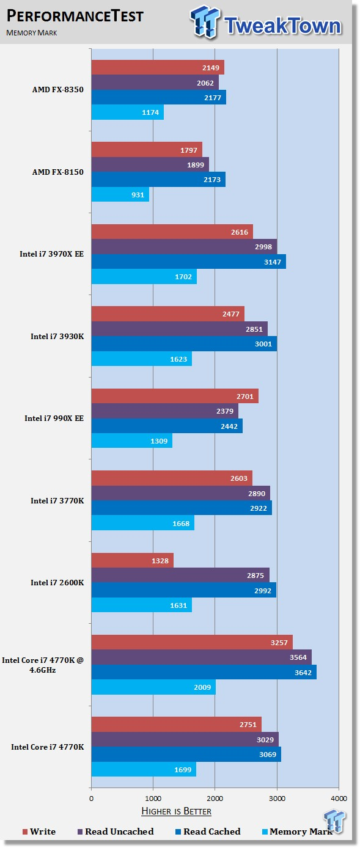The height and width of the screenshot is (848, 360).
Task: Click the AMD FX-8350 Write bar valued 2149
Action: [x=158, y=67]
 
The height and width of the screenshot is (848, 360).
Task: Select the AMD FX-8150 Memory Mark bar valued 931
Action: [x=120, y=194]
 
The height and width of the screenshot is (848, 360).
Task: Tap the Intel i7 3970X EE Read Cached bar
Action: [x=189, y=261]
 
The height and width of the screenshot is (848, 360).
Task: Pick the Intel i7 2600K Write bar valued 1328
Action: [x=133, y=561]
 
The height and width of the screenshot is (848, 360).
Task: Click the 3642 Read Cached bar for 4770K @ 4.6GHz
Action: [x=204, y=672]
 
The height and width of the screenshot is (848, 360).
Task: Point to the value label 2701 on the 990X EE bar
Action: [x=245, y=397]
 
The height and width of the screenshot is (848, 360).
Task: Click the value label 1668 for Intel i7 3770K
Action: [x=181, y=524]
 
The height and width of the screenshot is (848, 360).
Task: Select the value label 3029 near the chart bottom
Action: [x=265, y=740]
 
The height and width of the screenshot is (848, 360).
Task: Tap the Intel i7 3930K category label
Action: [x=57, y=336]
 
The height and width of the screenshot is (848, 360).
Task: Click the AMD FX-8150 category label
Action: [x=58, y=172]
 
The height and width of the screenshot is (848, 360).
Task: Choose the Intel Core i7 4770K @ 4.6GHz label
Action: [x=43, y=665]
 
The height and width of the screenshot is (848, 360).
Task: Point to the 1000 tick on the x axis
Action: [x=153, y=799]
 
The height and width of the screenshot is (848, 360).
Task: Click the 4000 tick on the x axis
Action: [x=339, y=799]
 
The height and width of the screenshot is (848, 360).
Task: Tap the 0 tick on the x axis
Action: [x=91, y=799]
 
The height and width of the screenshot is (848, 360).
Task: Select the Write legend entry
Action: [x=39, y=832]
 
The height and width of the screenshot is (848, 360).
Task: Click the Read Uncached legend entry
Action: [x=116, y=832]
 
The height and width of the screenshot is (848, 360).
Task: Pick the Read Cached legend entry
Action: [x=208, y=832]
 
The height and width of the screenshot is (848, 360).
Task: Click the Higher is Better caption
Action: [x=177, y=811]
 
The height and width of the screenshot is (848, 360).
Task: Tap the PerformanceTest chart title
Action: [x=75, y=16]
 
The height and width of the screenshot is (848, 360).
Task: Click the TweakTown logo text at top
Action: [x=282, y=26]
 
